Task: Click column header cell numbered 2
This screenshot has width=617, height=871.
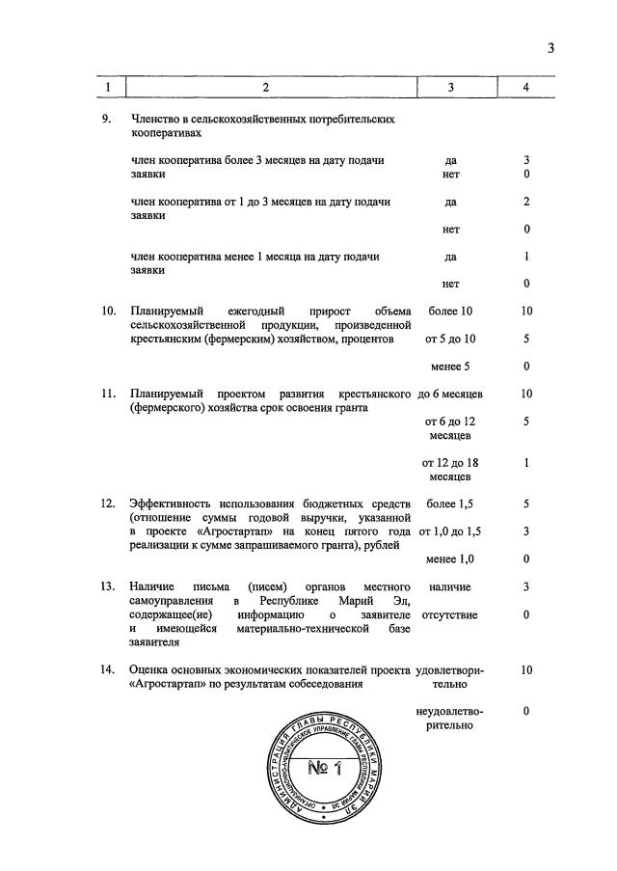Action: (x=265, y=88)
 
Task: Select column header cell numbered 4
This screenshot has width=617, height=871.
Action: (x=526, y=88)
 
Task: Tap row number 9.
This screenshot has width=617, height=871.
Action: (x=107, y=120)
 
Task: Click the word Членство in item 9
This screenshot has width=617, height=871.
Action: (x=155, y=120)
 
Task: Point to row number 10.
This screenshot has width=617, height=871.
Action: (x=109, y=312)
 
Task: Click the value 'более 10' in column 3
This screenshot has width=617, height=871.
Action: (x=450, y=312)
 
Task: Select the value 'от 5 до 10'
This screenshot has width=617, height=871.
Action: (x=450, y=340)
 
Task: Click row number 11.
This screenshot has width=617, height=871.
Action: (x=109, y=394)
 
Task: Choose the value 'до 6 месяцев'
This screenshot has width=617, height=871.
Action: (x=450, y=394)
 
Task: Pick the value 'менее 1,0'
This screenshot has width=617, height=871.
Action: (x=450, y=559)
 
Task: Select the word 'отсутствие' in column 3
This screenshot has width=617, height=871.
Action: (x=450, y=614)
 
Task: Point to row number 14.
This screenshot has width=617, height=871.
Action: (x=109, y=669)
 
